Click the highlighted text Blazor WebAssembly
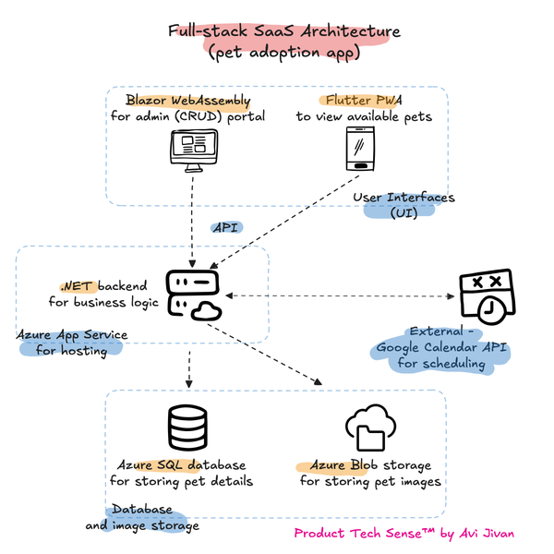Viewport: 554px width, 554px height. (188, 101)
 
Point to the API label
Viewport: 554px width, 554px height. (224, 226)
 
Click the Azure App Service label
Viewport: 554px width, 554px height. (72, 334)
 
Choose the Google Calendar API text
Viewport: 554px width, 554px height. (442, 348)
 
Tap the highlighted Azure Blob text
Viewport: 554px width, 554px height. (331, 464)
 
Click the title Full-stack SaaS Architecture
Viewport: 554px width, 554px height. (284, 32)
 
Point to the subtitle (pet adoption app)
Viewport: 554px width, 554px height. (284, 53)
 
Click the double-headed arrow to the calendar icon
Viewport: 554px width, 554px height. (342, 295)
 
